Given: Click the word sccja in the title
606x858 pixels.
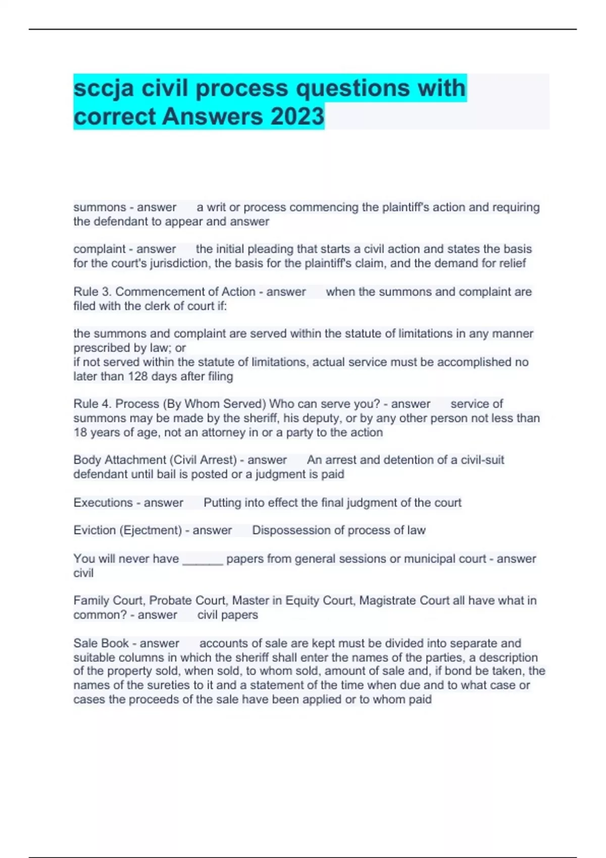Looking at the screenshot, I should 104,89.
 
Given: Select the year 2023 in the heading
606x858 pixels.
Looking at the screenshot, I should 297,117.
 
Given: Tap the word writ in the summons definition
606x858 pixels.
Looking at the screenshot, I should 217,207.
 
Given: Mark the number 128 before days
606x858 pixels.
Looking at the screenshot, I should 136,377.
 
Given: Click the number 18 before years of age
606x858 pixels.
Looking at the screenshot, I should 80,433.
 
